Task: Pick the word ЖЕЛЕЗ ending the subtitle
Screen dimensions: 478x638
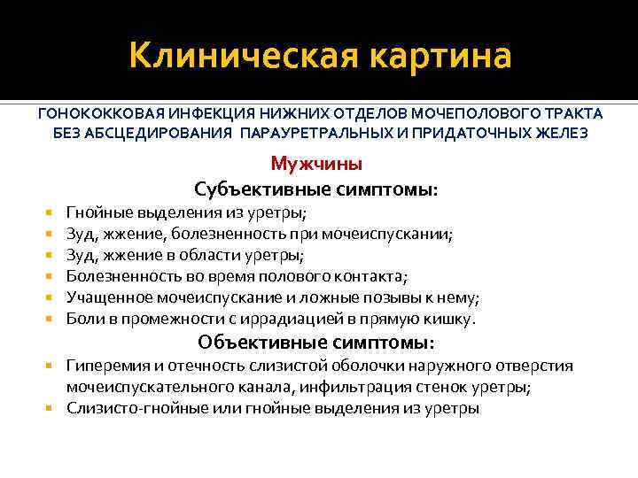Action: (x=556, y=133)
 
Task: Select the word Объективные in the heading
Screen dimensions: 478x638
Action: (x=257, y=343)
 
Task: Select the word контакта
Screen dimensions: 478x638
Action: (x=373, y=277)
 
